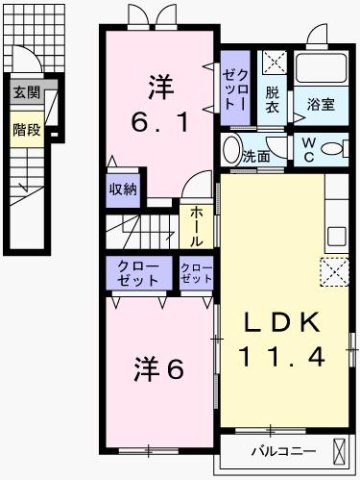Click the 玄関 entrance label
[27, 93]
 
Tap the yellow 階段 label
[27, 129]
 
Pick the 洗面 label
[256, 157]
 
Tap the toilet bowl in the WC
[334, 150]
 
